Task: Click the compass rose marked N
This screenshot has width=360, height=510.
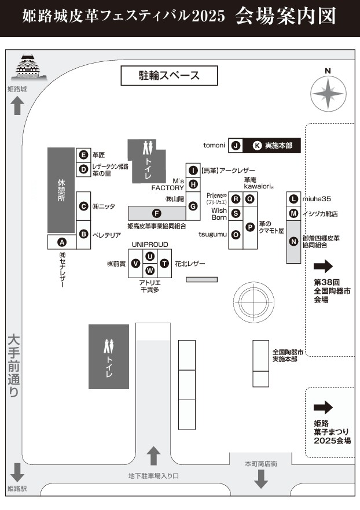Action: pos(328,93)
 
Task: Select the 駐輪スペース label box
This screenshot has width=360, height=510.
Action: pos(168,75)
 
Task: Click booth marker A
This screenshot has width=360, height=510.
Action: pos(63,242)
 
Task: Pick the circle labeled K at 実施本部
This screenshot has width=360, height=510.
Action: pos(257,146)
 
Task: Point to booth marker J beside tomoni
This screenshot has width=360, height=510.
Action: pos(236,146)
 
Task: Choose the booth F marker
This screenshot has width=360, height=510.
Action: pos(156,213)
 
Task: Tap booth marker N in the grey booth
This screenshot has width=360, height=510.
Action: pos(294,241)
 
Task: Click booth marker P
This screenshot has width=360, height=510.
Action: pos(250,227)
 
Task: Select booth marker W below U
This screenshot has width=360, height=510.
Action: pos(150,270)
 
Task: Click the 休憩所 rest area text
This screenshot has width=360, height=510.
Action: pos(61,190)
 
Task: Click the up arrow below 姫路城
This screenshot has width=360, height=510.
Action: pos(17,106)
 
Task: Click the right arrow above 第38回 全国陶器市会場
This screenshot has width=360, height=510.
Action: pos(324,266)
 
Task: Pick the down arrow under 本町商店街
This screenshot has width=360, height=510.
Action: pos(261,478)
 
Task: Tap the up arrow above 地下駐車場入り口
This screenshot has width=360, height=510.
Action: pos(154,456)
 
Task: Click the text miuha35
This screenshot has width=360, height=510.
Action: pos(316,199)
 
